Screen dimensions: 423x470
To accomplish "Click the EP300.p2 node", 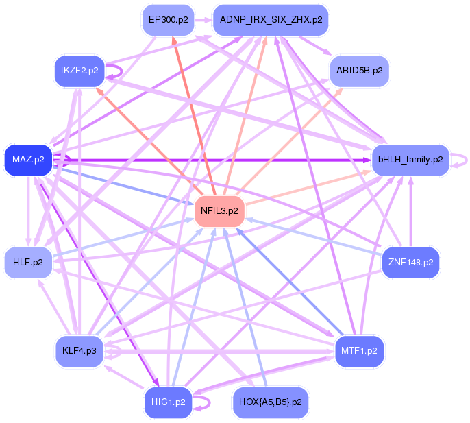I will click(167, 20).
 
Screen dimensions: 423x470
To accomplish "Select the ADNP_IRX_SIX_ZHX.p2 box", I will click(271, 20).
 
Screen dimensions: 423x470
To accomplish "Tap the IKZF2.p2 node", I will click(79, 70).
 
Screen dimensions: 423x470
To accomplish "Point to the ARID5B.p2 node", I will click(360, 70).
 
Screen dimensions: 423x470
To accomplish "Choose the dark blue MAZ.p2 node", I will click(27, 160).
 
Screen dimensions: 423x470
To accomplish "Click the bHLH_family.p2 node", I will click(410, 160).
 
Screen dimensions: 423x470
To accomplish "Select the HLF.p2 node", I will click(27, 262).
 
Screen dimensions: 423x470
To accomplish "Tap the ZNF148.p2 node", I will click(410, 262).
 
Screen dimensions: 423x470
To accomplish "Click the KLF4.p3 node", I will click(79, 350).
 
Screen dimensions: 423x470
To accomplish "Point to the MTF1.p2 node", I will click(360, 350).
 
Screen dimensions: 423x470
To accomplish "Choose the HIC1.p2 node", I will click(167, 402).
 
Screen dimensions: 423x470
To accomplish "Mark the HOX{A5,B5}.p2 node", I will click(271, 402).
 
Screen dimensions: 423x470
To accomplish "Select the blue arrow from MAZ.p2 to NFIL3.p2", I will click(123, 184).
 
